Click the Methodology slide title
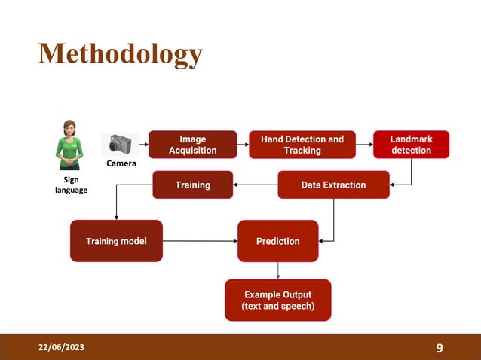tap(121, 54)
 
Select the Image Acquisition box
tap(192, 145)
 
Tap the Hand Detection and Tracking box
tap(302, 145)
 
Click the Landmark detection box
tap(411, 145)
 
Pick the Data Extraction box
tap(333, 185)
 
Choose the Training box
tap(192, 185)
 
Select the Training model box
tap(116, 241)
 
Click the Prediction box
tap(277, 241)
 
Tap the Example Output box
tap(277, 300)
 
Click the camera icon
tap(120, 144)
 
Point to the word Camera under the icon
tap(121, 163)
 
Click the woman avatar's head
tap(70, 128)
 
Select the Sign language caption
tap(71, 185)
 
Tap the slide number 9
tap(440, 348)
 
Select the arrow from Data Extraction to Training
tap(255, 185)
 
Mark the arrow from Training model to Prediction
tap(200, 241)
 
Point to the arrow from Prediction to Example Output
tap(278, 270)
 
